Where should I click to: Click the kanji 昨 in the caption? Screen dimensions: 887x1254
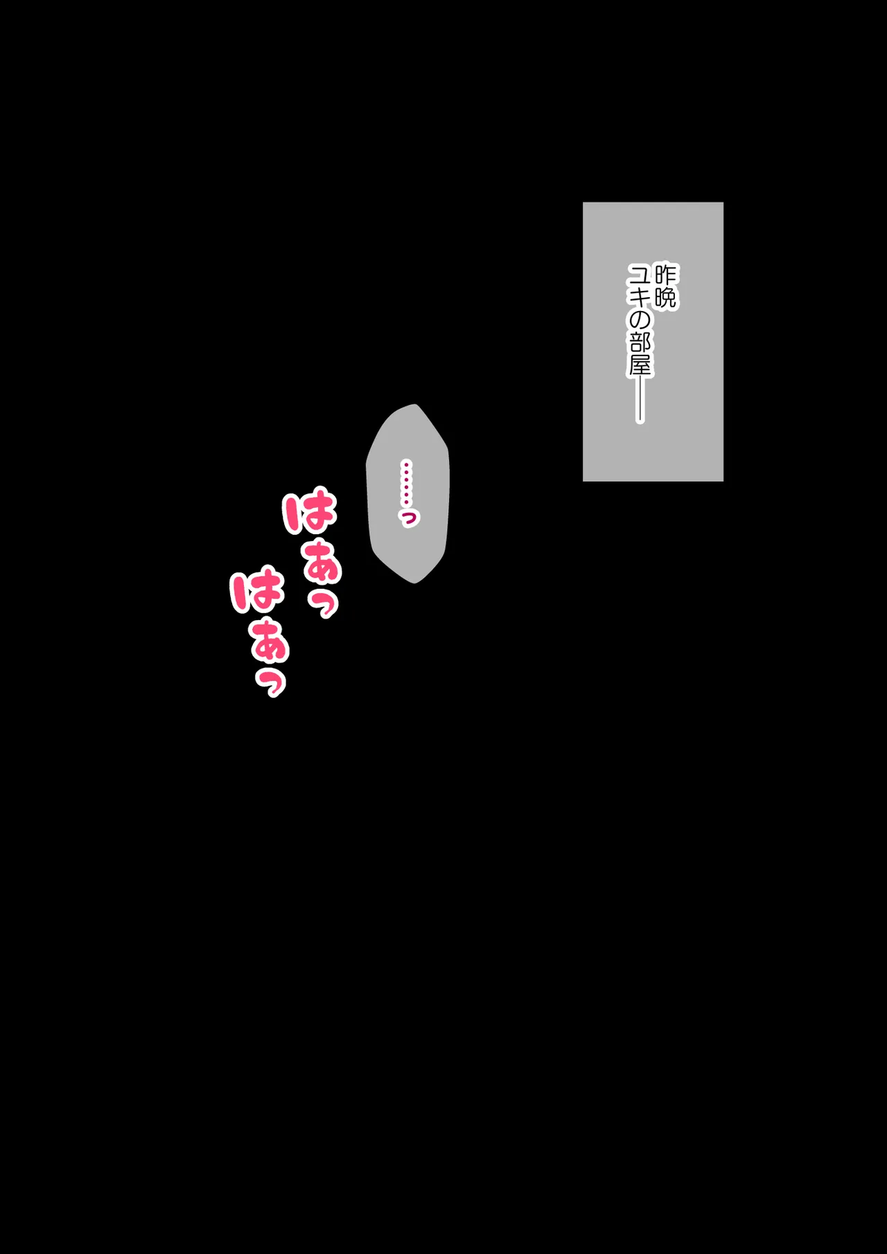665,274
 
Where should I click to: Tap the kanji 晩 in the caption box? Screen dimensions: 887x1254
665,298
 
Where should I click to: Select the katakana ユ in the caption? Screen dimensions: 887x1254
640,274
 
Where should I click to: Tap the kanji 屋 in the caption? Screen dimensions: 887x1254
640,365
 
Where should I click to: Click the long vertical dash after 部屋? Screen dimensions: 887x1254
640,400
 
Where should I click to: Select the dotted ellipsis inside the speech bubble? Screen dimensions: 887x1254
407,483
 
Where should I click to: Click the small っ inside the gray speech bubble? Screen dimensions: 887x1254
409,518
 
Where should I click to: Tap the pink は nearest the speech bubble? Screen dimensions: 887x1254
310,512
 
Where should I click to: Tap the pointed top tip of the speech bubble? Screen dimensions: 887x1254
415,405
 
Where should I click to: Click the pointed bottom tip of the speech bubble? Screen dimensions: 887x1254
415,583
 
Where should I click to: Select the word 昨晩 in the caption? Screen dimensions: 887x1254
665,286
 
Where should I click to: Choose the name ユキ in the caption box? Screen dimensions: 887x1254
640,286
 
